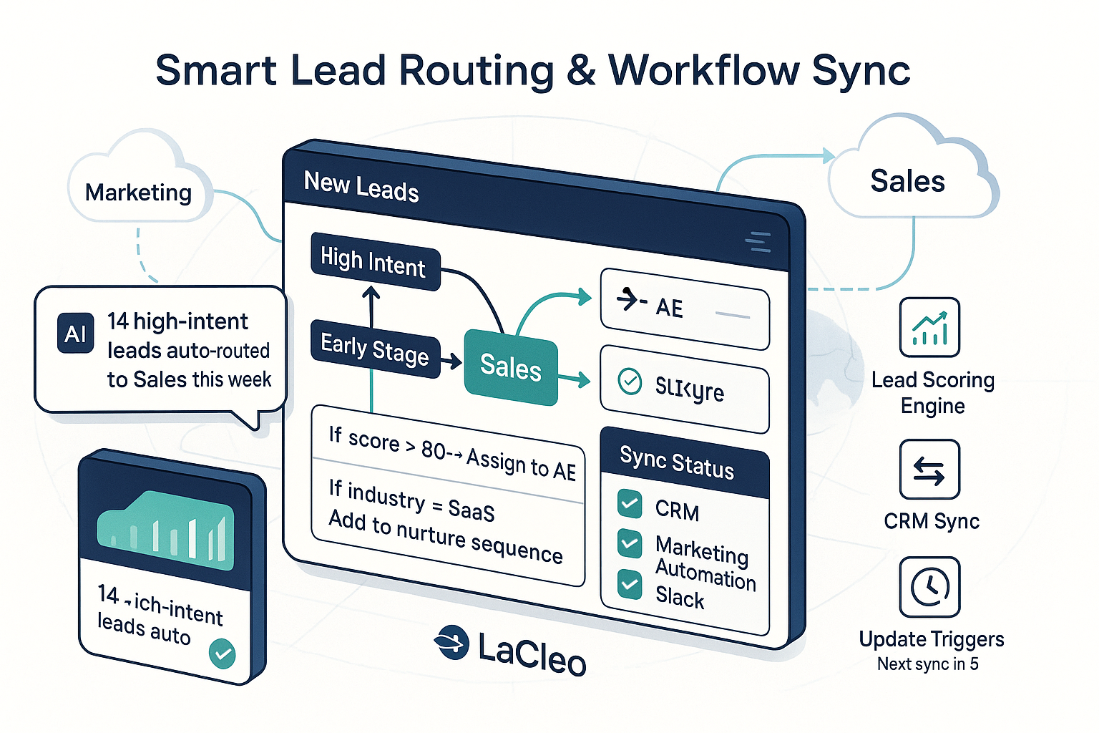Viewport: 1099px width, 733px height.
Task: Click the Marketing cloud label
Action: point(138,193)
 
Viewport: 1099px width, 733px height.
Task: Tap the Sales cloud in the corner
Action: point(907,181)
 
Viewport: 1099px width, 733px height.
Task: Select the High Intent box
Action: point(373,262)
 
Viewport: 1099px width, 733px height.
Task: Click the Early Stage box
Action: point(375,349)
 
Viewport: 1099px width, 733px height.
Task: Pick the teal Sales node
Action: point(510,367)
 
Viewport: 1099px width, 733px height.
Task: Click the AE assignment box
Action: point(684,309)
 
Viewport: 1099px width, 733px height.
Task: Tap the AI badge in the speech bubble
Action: point(75,334)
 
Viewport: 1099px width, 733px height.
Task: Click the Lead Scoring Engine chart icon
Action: point(929,328)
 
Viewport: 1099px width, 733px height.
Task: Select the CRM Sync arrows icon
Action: point(929,470)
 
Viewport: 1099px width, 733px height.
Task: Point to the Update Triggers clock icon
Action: point(929,587)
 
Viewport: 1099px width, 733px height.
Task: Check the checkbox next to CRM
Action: point(630,503)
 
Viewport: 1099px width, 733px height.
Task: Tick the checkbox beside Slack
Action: point(630,584)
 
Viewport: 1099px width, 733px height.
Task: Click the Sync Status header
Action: point(677,462)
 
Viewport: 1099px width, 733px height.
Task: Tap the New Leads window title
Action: point(361,187)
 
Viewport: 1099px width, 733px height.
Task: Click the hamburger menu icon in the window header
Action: point(758,242)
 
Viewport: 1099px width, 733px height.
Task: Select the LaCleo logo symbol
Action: point(452,641)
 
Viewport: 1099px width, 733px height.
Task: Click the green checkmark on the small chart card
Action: point(223,653)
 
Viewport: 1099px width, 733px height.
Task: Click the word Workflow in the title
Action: point(704,70)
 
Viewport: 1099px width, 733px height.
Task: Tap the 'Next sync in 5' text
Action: point(928,664)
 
